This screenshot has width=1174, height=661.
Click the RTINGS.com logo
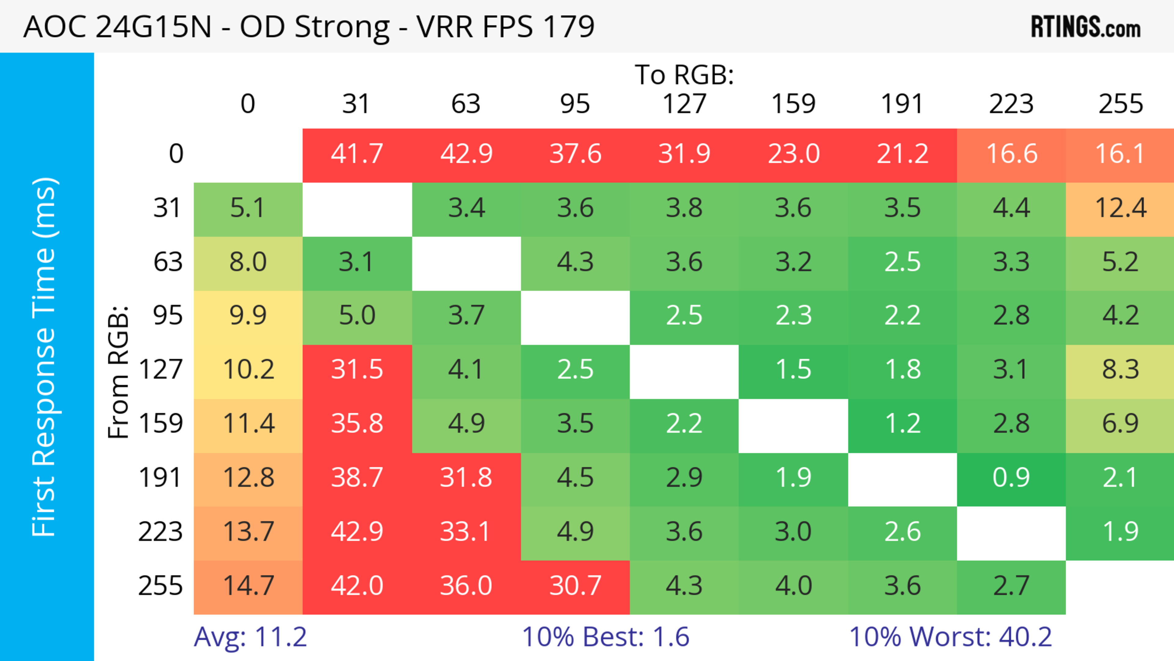1086,27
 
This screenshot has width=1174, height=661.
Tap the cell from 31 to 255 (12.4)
1120,208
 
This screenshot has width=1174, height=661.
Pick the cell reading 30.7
575,586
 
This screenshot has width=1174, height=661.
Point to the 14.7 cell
248,586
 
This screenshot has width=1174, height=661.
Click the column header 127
684,104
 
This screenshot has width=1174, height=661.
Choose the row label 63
168,262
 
